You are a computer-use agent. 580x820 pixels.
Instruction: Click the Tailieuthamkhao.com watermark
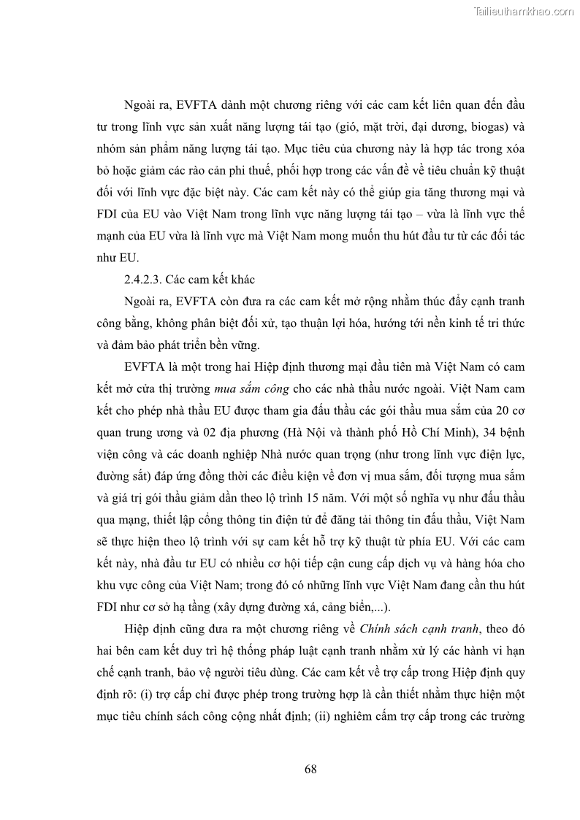pos(524,11)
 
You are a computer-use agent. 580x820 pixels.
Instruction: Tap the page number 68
pos(310,769)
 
